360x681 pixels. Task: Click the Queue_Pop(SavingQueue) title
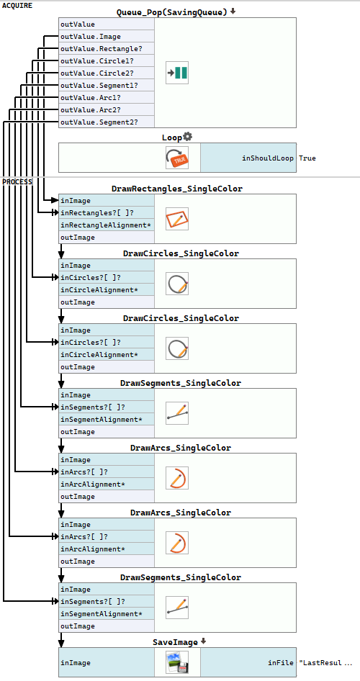172,12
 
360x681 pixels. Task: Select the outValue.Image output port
107,37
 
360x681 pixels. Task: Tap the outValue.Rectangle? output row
107,49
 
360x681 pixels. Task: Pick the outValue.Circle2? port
107,73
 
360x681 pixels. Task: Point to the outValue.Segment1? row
107,85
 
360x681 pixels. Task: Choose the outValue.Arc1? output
107,97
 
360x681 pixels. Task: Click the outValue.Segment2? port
107,122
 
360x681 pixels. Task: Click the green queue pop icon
177,73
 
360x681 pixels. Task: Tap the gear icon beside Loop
188,137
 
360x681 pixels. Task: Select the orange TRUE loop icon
177,158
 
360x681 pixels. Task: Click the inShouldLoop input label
268,158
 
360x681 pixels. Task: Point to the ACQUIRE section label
17,6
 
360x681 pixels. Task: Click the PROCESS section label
17,181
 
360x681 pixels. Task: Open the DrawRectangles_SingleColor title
177,189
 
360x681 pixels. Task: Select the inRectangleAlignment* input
107,225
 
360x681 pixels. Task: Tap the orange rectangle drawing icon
177,219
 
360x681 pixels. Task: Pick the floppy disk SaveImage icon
177,662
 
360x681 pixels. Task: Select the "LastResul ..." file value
326,663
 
